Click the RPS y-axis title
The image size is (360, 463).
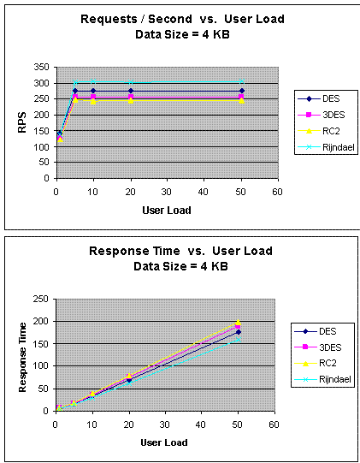point(23,122)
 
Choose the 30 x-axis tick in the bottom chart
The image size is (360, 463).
point(165,424)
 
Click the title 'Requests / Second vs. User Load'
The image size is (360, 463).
point(163,18)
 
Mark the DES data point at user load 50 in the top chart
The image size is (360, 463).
point(241,91)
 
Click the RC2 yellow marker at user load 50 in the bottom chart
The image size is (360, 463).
point(239,323)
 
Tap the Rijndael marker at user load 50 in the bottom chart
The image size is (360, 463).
point(239,339)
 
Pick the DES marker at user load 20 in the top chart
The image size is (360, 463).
point(131,91)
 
